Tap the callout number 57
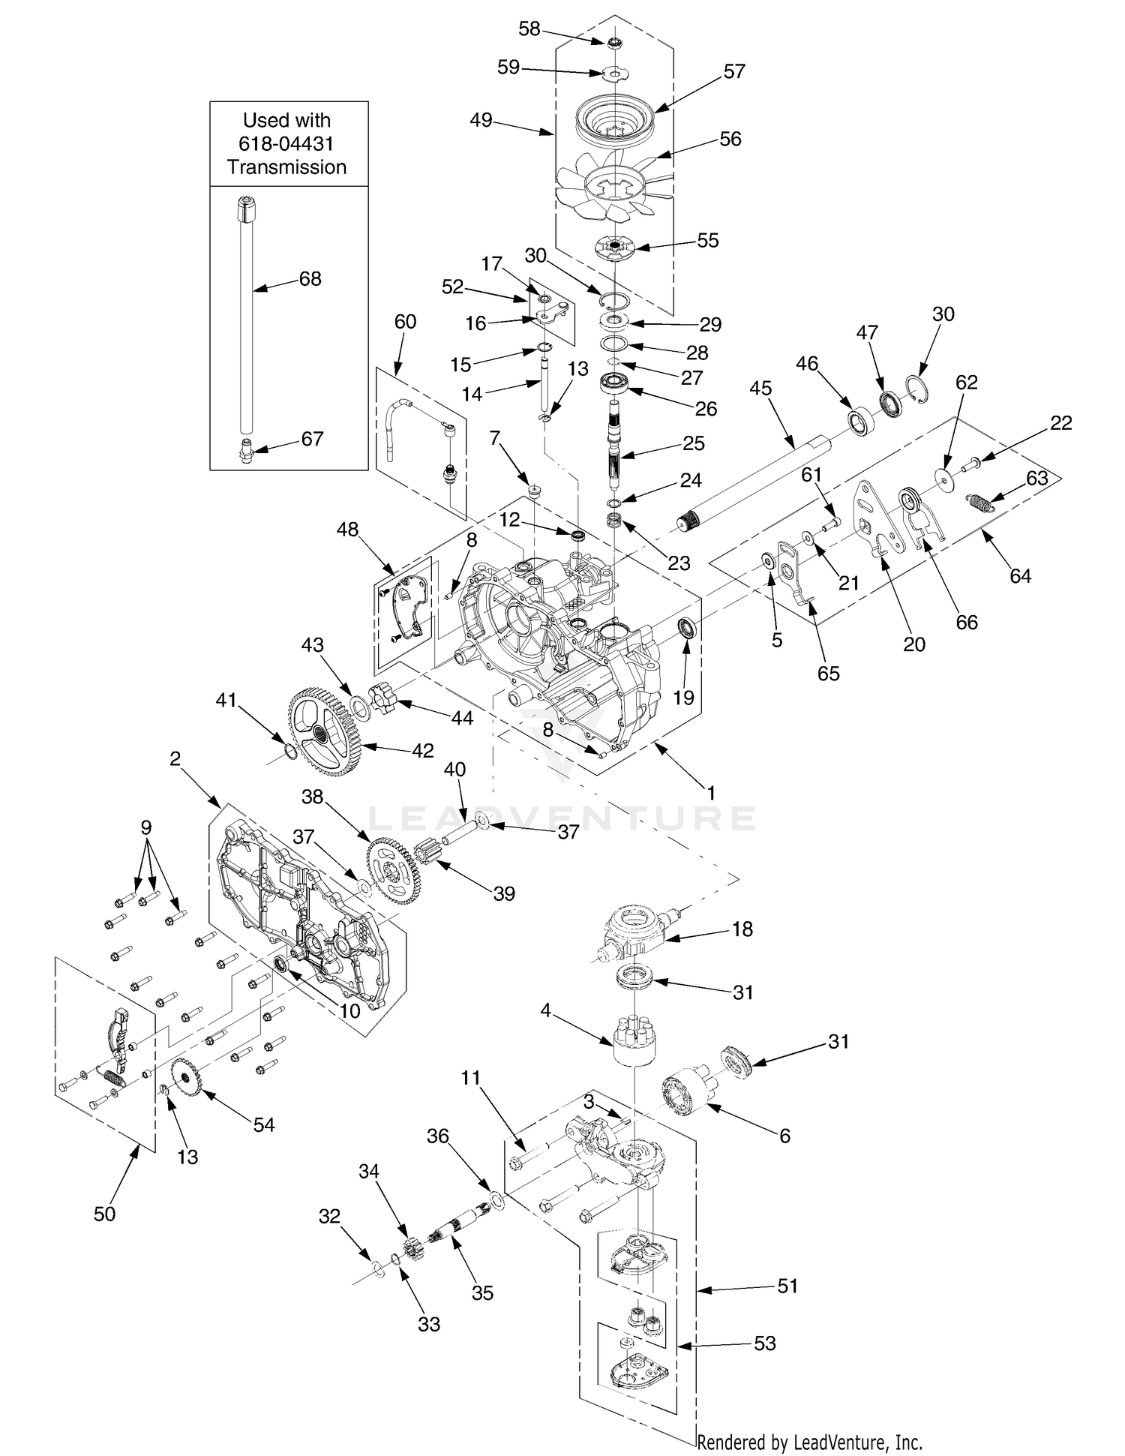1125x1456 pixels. [x=734, y=71]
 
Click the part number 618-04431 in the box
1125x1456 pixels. [x=287, y=143]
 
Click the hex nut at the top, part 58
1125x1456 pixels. [x=614, y=42]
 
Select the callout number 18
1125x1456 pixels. [x=742, y=929]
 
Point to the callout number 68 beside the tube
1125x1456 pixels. [x=310, y=279]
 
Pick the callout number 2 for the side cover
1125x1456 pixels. [x=175, y=759]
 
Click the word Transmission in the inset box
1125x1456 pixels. [x=287, y=167]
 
